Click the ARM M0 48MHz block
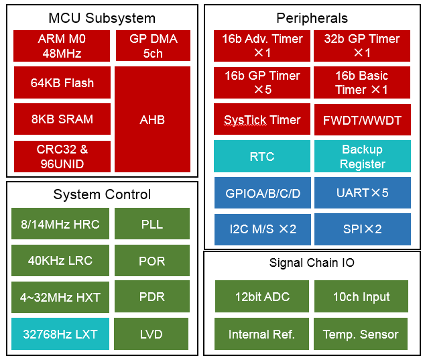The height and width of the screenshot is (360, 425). pyautogui.click(x=62, y=46)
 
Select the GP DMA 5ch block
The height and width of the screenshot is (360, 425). pyautogui.click(x=153, y=46)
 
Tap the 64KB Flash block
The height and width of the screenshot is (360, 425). pyautogui.click(x=62, y=82)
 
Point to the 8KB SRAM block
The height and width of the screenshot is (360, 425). pyautogui.click(x=62, y=119)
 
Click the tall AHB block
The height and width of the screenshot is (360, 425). pyautogui.click(x=152, y=119)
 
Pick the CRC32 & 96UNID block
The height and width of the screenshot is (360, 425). pyautogui.click(x=62, y=156)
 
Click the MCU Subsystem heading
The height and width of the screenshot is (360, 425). pyautogui.click(x=102, y=18)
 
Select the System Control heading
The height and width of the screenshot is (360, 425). pyautogui.click(x=102, y=194)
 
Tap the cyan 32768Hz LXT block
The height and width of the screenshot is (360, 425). pyautogui.click(x=60, y=334)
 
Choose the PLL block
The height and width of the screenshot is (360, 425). pyautogui.click(x=152, y=224)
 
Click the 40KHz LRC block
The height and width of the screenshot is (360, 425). pyautogui.click(x=60, y=260)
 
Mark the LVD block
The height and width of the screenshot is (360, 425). pyautogui.click(x=151, y=334)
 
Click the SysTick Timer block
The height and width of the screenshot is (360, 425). pyautogui.click(x=262, y=119)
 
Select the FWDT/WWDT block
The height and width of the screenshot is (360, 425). pyautogui.click(x=363, y=120)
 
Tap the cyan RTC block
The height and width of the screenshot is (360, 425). pyautogui.click(x=262, y=156)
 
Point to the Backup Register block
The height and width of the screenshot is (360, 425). pyautogui.click(x=363, y=156)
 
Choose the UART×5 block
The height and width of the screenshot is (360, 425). pyautogui.click(x=363, y=193)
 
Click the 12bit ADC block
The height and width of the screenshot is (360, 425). pyautogui.click(x=262, y=296)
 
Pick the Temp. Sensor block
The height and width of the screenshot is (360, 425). pyautogui.click(x=361, y=334)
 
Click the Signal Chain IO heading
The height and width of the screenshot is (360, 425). pyautogui.click(x=312, y=262)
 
